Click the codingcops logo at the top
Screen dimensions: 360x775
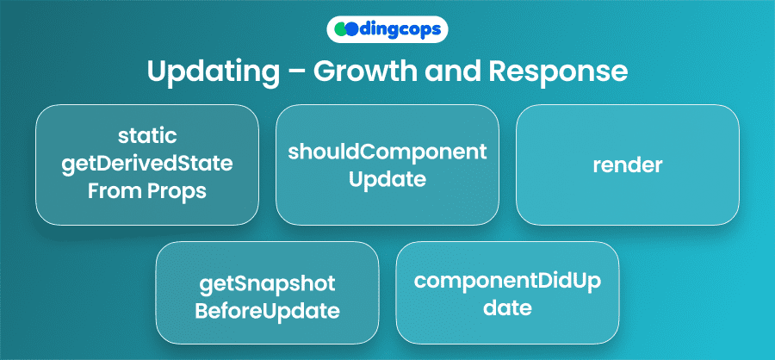(x=387, y=28)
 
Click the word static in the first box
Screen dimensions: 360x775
(x=147, y=136)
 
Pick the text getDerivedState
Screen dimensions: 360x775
(x=147, y=164)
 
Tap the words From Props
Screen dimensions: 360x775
(x=147, y=191)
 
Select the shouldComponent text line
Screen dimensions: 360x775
(x=387, y=152)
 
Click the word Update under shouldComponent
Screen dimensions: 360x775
(x=387, y=179)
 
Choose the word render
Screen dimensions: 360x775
(x=628, y=165)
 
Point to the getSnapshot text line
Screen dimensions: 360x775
(x=267, y=282)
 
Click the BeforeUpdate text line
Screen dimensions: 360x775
(x=267, y=310)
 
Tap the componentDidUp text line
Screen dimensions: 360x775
(x=507, y=280)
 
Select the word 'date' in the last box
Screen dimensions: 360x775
(x=507, y=307)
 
